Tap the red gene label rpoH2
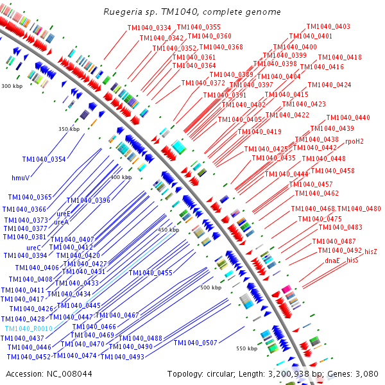tap(354, 141)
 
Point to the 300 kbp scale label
tap(12, 86)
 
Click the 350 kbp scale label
tap(69, 129)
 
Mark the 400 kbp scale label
tap(121, 177)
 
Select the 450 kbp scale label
tap(168, 230)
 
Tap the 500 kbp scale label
tap(210, 288)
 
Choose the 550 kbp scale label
tap(246, 348)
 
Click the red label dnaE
tap(332, 261)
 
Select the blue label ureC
tap(34, 247)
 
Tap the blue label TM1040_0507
tap(195, 343)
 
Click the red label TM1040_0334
tap(150, 28)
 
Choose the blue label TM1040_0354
tap(44, 159)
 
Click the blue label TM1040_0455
tap(150, 273)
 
